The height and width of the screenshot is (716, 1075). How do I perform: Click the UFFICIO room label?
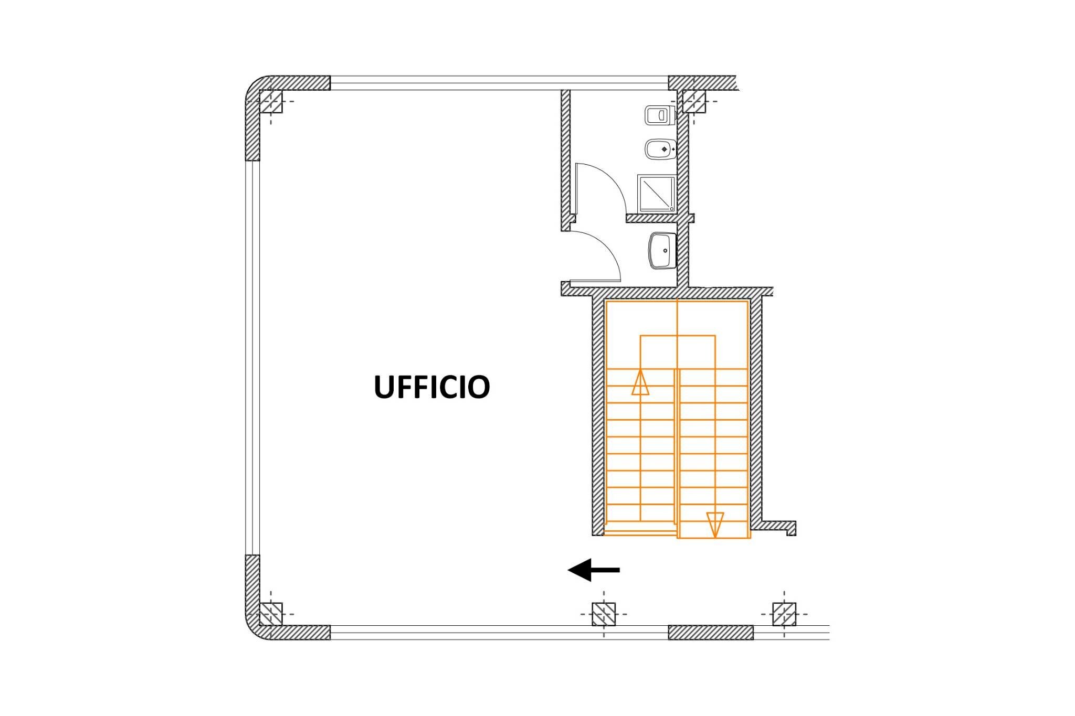tap(431, 387)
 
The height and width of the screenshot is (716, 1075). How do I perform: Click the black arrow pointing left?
tap(593, 570)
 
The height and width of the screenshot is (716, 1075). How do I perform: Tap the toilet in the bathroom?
tap(659, 115)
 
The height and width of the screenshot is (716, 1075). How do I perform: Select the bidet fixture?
tap(659, 149)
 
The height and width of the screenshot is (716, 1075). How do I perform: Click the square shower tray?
tap(656, 194)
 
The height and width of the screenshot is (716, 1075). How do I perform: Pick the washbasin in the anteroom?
tap(662, 251)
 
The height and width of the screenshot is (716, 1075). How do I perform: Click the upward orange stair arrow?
tap(640, 383)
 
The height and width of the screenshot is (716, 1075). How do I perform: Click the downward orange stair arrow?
tap(715, 524)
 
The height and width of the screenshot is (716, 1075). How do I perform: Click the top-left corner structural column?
tap(271, 101)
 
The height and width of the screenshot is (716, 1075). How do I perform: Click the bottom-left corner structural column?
tap(271, 614)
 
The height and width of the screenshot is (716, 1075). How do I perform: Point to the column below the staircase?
tap(604, 614)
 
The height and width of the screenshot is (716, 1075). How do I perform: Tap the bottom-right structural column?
tap(784, 614)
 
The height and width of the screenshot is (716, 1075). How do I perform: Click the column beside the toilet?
tap(693, 101)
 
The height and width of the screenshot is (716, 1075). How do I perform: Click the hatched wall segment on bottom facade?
tap(710, 633)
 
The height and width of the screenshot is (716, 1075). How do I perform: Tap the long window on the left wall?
tap(252, 357)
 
